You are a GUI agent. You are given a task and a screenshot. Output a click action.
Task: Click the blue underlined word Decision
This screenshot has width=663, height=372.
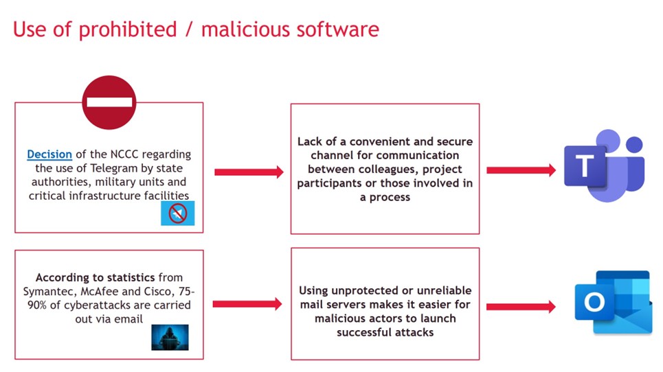point(49,154)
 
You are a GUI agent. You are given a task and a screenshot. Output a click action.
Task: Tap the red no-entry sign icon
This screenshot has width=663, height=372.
point(109,102)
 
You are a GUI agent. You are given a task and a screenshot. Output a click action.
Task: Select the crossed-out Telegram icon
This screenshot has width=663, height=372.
point(177,213)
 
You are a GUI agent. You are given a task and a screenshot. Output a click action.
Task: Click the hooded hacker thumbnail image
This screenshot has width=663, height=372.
point(170,338)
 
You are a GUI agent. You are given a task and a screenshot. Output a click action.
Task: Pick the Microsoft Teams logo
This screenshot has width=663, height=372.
point(604,165)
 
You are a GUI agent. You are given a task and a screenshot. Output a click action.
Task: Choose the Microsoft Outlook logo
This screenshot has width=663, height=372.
point(614,302)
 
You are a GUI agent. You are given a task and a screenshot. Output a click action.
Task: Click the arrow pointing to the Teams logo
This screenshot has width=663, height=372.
point(521,170)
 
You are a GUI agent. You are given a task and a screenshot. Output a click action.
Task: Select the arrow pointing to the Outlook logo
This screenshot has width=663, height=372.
point(521,307)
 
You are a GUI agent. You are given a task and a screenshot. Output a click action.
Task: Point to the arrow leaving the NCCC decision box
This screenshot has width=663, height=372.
point(249,172)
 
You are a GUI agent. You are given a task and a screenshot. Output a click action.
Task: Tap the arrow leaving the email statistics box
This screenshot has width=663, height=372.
point(247,304)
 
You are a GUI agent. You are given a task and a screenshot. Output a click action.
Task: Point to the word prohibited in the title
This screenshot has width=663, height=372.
point(128,30)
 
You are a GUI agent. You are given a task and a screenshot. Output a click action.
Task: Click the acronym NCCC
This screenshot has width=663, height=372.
point(124,154)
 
